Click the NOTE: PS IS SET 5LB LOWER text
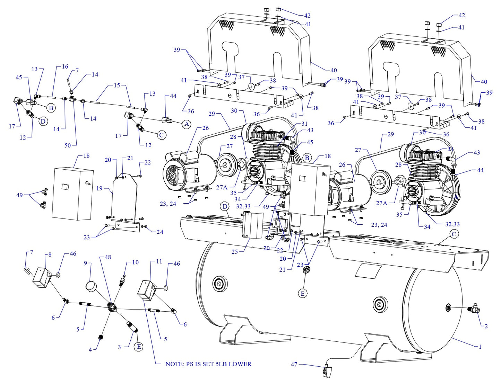[208, 364]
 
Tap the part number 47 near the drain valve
[294, 364]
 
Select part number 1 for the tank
[480, 347]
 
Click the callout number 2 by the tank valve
[486, 326]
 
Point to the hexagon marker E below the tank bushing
[303, 294]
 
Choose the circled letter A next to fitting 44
[187, 124]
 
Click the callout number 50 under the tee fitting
[68, 145]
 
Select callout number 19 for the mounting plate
[100, 188]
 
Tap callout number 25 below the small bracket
[235, 252]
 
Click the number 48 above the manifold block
[108, 257]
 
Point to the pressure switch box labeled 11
[146, 290]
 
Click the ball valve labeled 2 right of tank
[474, 308]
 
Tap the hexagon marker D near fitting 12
[43, 121]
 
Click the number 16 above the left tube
[65, 66]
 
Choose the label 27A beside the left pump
[222, 187]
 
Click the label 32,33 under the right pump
[452, 224]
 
